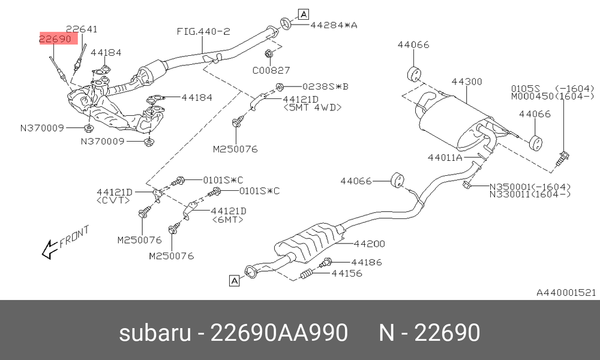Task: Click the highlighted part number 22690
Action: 55,38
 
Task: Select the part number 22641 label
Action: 82,29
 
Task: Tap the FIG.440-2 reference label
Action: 203,31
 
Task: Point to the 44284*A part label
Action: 333,25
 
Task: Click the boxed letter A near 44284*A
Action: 304,14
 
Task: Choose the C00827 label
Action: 271,70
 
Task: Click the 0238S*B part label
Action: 325,86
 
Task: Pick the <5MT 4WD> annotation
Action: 312,107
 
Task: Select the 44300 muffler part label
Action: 467,82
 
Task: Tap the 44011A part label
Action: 445,157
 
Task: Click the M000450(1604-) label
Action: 553,96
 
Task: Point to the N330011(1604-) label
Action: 530,194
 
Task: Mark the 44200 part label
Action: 369,244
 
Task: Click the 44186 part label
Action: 366,262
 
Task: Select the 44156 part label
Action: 347,273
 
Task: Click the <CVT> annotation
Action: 113,200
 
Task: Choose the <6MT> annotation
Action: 227,220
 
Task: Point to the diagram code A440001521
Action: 566,293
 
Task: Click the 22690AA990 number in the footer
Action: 279,332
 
